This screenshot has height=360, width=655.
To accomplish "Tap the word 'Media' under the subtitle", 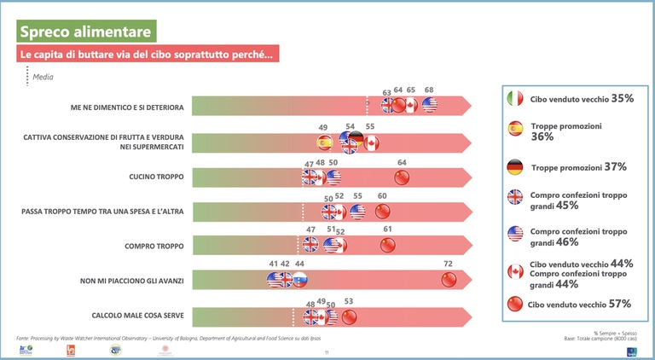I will pyautogui.click(x=43, y=76).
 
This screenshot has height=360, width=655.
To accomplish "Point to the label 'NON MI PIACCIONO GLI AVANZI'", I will pyautogui.click(x=129, y=280).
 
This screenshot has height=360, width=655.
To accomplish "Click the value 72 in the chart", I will pyautogui.click(x=448, y=264).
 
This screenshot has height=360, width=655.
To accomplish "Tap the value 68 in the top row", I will pyautogui.click(x=429, y=90).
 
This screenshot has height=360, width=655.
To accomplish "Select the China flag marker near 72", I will pyautogui.click(x=449, y=280).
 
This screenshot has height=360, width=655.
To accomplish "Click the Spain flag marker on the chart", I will pyautogui.click(x=324, y=142).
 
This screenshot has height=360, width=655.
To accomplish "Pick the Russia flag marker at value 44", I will pyautogui.click(x=299, y=280).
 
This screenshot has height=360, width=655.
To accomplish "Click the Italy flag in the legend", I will pyautogui.click(x=514, y=98).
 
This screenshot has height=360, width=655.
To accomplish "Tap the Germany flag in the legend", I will pyautogui.click(x=514, y=166).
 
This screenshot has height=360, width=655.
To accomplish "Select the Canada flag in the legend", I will pyautogui.click(x=514, y=271).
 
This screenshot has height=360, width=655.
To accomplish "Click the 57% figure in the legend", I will pyautogui.click(x=619, y=303).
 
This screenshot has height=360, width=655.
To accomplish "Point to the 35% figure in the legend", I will pyautogui.click(x=622, y=98).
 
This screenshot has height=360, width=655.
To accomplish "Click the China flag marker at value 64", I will pyautogui.click(x=401, y=177).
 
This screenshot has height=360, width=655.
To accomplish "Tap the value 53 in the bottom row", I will pyautogui.click(x=348, y=300).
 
